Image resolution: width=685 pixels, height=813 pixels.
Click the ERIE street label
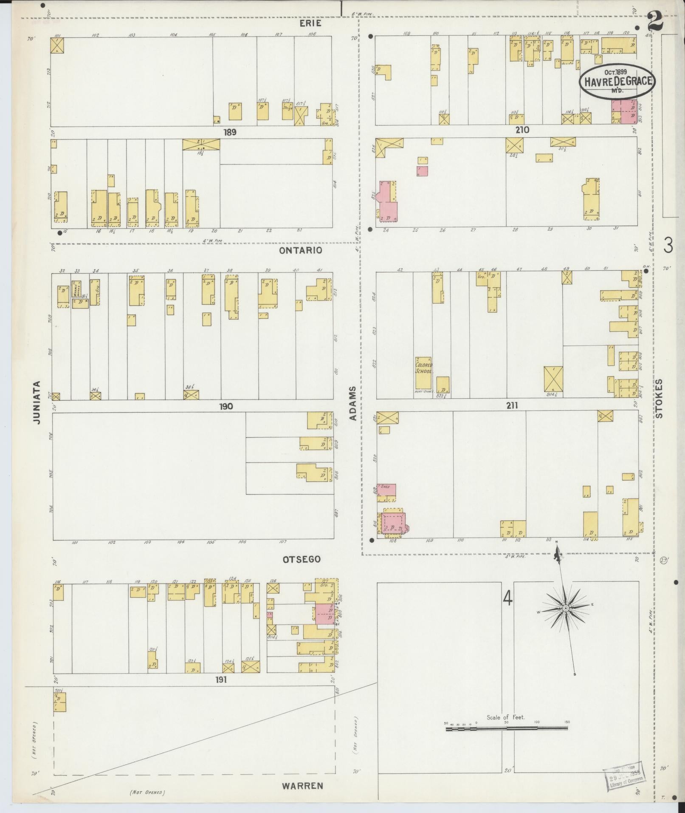[310, 23]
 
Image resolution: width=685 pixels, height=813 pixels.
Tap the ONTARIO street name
[300, 250]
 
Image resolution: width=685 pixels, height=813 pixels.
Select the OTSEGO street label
[302, 560]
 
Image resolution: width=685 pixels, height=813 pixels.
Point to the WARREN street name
[302, 786]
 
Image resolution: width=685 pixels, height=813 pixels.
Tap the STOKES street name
[659, 399]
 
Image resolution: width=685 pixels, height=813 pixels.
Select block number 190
[226, 406]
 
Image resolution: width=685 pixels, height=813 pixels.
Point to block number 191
[221, 680]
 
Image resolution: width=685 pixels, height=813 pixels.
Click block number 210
[522, 130]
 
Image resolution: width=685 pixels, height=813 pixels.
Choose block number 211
[512, 405]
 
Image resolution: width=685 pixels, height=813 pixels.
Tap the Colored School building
[423, 368]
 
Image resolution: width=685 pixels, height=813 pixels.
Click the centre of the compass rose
[566, 609]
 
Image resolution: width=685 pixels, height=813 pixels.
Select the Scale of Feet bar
[506, 728]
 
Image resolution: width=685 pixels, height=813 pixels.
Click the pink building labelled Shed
[387, 490]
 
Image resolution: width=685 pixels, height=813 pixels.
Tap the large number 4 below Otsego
[508, 598]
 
